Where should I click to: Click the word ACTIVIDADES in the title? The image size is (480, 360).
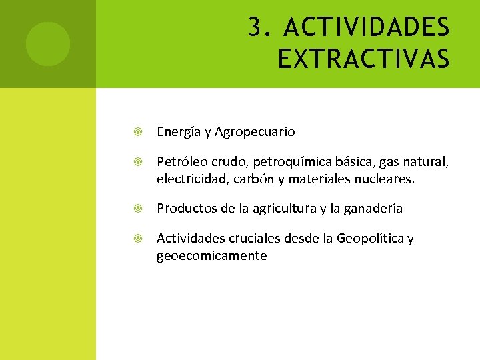click(x=367, y=28)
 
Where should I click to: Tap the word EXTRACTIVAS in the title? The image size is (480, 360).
click(x=363, y=59)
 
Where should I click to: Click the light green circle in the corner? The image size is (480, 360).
click(x=48, y=44)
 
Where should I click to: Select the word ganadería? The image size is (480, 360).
click(x=371, y=209)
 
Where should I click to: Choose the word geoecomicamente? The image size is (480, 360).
click(x=212, y=256)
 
